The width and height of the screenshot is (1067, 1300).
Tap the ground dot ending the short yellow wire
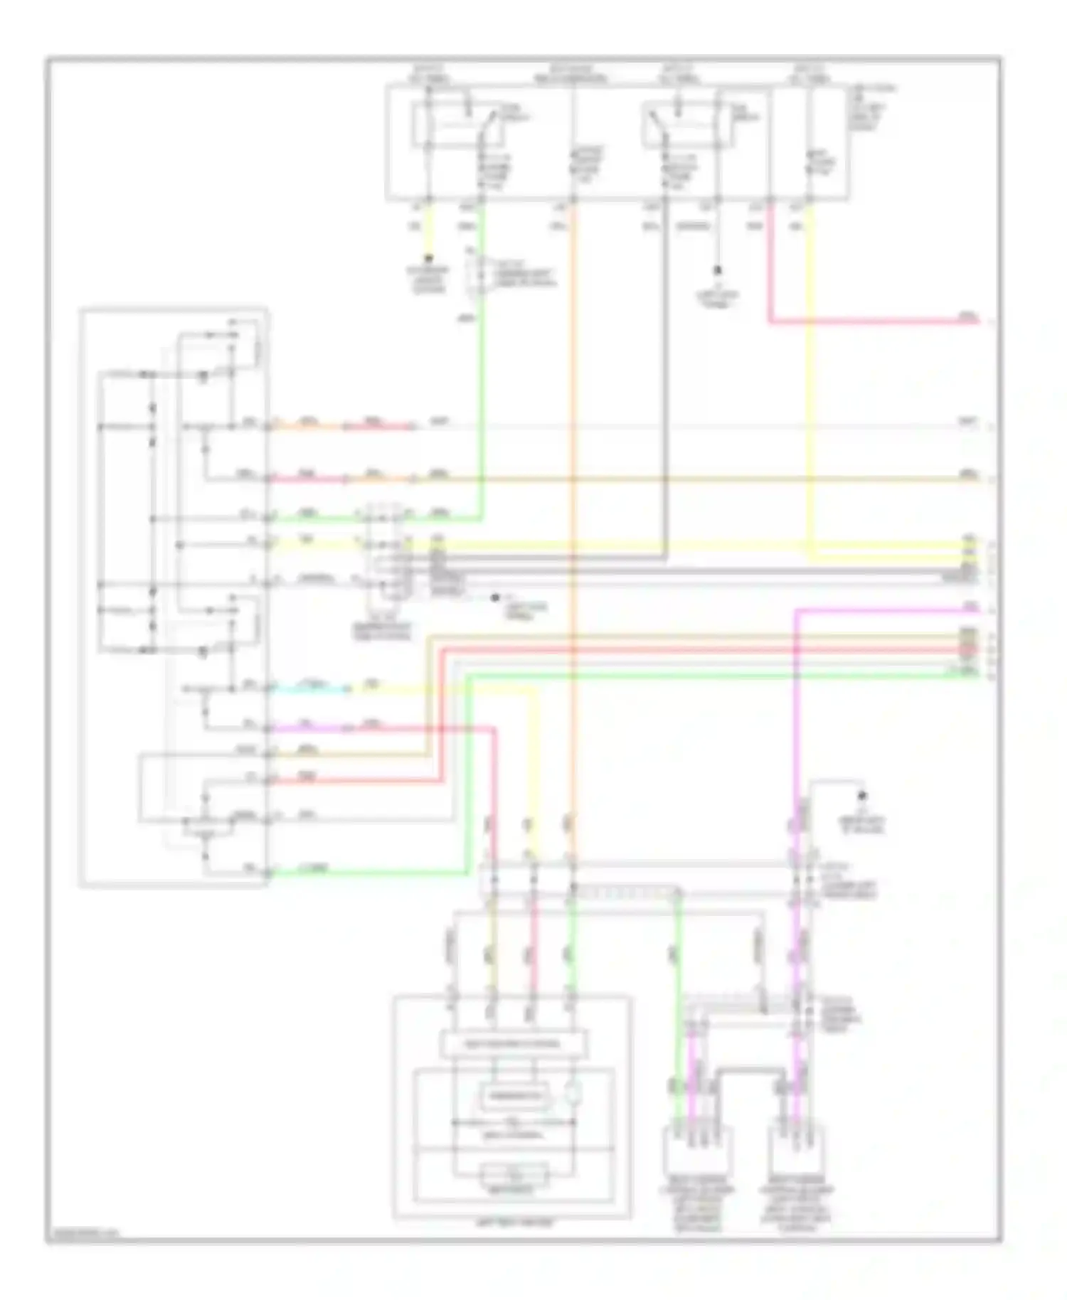429,258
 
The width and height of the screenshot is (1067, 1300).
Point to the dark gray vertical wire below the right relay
666,356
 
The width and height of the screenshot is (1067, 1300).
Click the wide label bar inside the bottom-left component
514,1044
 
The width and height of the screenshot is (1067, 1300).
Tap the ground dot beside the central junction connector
494,598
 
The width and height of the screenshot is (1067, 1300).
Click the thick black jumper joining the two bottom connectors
747,1070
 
